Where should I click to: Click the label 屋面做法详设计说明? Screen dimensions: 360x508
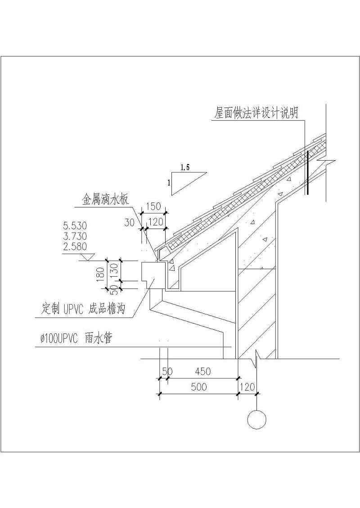[256, 113]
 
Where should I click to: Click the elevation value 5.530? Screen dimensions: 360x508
[76, 225]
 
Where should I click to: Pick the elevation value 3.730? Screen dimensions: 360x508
[76, 236]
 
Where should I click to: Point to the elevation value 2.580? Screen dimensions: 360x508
[76, 247]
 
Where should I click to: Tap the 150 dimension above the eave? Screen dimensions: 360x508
[154, 207]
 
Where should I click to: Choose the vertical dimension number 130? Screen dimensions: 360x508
[114, 270]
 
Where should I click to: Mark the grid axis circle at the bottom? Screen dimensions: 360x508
[256, 420]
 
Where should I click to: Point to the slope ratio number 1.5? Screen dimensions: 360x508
[185, 167]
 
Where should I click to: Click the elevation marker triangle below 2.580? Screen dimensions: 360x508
[87, 257]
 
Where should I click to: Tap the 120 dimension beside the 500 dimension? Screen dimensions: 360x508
[248, 387]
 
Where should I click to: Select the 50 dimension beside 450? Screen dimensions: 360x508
[167, 371]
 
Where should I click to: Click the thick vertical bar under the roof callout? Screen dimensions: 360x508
[307, 172]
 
